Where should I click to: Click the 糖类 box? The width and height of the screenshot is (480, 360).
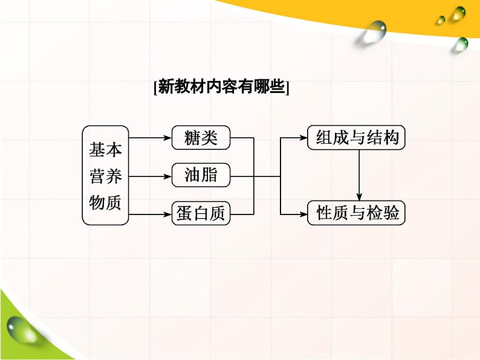coord(201,138)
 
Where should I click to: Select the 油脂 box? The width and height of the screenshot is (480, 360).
coord(201,175)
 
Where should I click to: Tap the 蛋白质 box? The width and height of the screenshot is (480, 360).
coord(201,213)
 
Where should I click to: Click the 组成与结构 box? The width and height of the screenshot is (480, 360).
coord(356,138)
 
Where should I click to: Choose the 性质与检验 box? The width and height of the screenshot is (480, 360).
coord(356,213)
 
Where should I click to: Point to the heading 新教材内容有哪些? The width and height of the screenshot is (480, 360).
coord(222,87)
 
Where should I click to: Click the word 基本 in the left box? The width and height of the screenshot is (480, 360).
coord(105,150)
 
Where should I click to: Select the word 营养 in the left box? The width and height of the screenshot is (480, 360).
coord(105,176)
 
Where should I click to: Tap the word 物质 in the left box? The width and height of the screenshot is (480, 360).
coord(105,202)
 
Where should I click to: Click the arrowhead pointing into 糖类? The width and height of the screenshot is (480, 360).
coord(167,138)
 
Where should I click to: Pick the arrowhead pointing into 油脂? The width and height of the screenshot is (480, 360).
coord(167,176)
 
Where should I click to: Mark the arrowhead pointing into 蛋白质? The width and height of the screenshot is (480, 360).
coord(167,214)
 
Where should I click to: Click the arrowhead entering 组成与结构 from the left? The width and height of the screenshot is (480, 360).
coord(303,138)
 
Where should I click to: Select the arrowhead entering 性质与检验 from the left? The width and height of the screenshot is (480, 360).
coord(303,214)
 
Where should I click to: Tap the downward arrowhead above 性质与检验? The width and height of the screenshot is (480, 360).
coord(359,197)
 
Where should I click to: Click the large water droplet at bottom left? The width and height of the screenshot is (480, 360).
coord(21,331)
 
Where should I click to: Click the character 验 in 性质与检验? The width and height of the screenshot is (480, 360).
coord(391,213)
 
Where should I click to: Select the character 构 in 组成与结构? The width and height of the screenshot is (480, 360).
coord(391,138)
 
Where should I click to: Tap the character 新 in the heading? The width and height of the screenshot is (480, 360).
coord(166,87)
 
